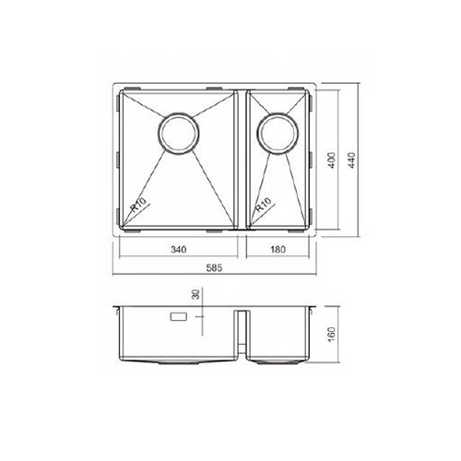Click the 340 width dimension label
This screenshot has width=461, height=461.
[x=179, y=249]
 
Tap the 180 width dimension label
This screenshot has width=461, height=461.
[x=278, y=249]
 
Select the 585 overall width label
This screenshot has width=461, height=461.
[x=214, y=268]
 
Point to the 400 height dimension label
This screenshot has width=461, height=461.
[x=332, y=160]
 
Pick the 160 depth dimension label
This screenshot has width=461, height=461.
[x=332, y=335]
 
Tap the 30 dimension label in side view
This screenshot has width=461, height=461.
[x=195, y=294]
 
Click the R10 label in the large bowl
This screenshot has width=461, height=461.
[x=137, y=205]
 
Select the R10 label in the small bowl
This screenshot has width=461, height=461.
[x=264, y=205]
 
